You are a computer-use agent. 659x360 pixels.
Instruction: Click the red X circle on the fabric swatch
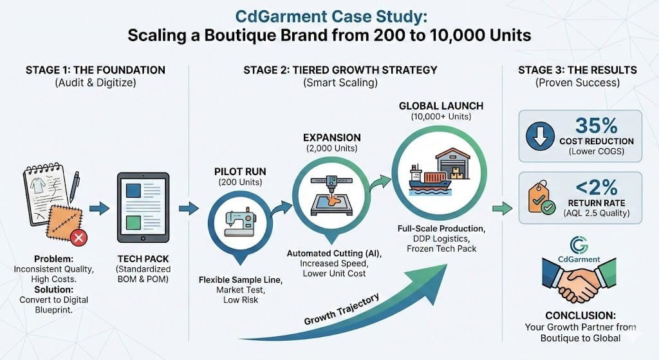tap(79, 239)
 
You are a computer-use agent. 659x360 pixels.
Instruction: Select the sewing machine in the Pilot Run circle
tap(239, 223)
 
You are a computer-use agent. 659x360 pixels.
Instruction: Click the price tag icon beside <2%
tap(537, 197)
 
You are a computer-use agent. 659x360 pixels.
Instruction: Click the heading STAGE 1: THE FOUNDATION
tap(95, 70)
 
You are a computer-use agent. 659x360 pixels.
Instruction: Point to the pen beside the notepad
tap(74, 186)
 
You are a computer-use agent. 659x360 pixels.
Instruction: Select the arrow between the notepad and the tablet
tap(98, 208)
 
